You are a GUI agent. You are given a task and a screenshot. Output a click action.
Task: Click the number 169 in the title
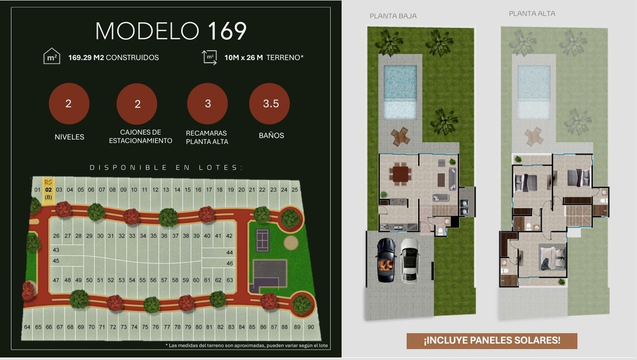227,31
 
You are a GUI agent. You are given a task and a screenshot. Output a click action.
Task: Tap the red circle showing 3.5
270,104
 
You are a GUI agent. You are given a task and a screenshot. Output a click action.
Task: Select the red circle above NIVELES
69,104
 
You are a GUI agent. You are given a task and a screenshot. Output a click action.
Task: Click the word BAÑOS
271,135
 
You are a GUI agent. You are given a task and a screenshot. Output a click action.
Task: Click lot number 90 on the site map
311,327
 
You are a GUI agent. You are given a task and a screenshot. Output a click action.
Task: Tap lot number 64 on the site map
27,327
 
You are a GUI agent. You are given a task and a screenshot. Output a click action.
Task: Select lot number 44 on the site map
230,253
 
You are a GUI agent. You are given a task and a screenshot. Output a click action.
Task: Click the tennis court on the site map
262,241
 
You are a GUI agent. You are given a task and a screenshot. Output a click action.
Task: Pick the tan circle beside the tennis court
291,243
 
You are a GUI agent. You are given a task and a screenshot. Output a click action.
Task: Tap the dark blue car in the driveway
386,260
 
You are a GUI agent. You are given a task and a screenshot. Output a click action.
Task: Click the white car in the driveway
410,261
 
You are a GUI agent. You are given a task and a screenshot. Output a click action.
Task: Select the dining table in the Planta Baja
400,174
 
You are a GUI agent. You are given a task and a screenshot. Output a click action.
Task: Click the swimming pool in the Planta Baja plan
400,92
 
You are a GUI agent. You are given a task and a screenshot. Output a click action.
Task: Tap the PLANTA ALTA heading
532,13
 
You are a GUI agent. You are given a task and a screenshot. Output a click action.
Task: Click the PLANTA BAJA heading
393,16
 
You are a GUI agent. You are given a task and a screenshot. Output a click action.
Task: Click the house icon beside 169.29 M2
52,56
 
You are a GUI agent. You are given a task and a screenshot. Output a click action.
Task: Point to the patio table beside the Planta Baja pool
400,136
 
